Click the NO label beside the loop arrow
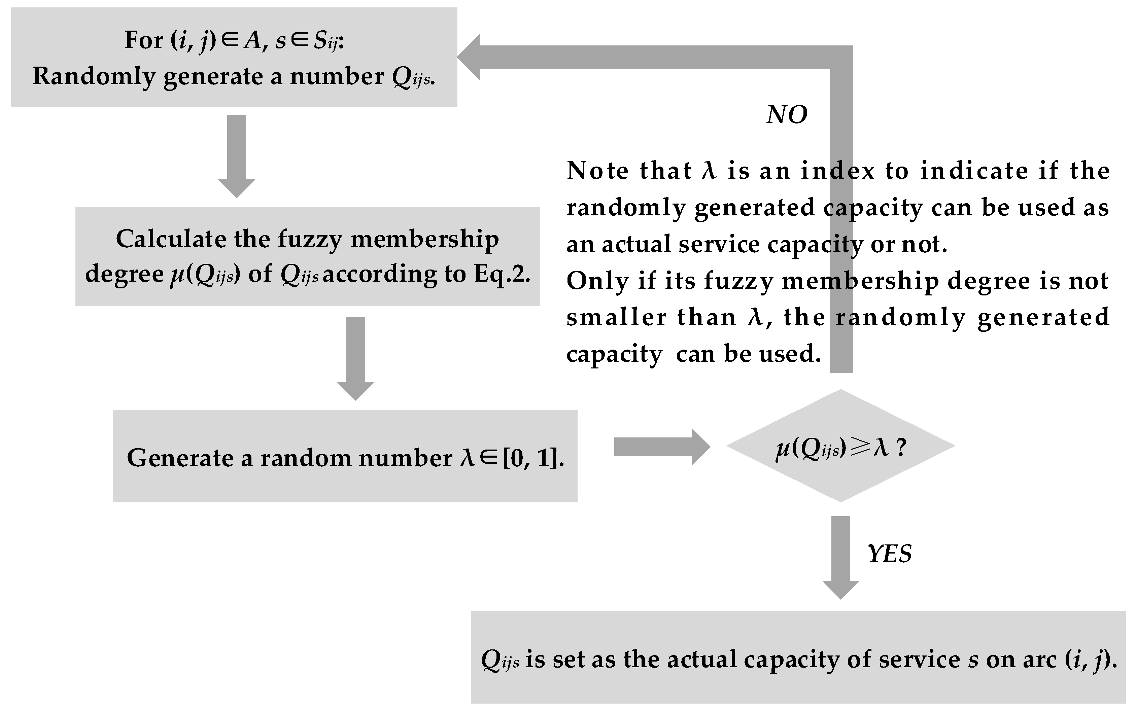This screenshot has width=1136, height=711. pyautogui.click(x=787, y=115)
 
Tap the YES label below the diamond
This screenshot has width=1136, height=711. pyautogui.click(x=889, y=554)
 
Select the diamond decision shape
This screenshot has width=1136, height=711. pyautogui.click(x=840, y=446)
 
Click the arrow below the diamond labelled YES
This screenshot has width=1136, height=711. pyautogui.click(x=840, y=557)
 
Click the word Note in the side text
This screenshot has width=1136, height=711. pyautogui.click(x=597, y=170)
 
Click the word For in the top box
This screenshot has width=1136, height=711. pyautogui.click(x=143, y=40)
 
